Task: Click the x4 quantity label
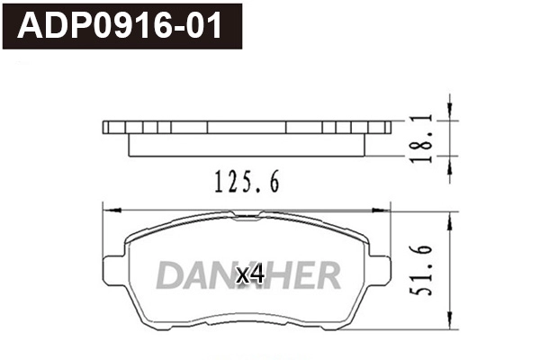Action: [x=249, y=275]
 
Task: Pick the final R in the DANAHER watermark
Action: [x=328, y=276]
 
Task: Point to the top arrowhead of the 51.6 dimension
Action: [x=446, y=217]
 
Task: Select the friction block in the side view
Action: [x=247, y=144]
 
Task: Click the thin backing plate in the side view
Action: [x=247, y=127]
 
